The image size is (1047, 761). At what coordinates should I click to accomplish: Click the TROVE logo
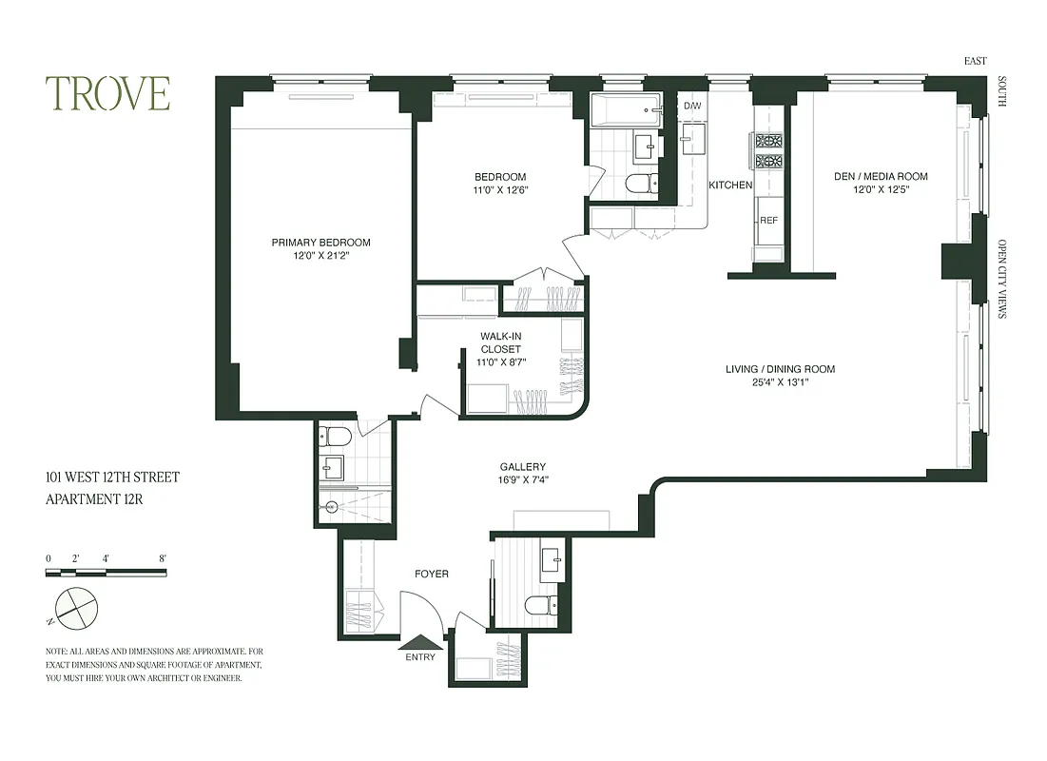(107, 93)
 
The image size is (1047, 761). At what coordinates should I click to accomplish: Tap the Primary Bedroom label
(320, 249)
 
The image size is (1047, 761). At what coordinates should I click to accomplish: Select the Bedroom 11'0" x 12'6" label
(500, 184)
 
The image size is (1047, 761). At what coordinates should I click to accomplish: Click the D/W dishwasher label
(691, 106)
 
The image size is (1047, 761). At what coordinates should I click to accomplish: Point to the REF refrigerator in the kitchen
(768, 220)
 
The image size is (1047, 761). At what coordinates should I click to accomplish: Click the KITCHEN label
(730, 185)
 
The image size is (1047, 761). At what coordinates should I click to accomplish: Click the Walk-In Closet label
(500, 349)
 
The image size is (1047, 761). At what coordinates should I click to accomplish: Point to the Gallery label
(523, 473)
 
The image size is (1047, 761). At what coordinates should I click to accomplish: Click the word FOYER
(431, 575)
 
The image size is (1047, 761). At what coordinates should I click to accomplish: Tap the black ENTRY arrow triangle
(420, 644)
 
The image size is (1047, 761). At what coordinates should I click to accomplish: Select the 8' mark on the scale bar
(164, 558)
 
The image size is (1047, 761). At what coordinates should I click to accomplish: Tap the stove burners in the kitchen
(768, 149)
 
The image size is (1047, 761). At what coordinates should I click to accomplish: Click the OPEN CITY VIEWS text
(1002, 278)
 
